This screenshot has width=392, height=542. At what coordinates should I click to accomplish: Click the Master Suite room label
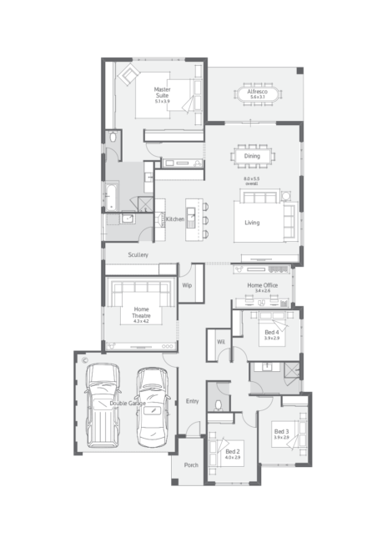[162, 93]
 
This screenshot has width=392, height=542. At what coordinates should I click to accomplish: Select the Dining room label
[252, 156]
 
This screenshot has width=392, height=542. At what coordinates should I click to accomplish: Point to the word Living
[252, 223]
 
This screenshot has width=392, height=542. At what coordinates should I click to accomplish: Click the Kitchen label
[175, 218]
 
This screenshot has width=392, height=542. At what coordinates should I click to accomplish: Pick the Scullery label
[138, 254]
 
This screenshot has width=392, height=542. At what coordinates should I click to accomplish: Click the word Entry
[192, 402]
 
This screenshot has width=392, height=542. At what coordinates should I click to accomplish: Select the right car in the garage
[153, 404]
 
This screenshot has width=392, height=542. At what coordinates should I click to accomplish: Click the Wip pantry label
[187, 285]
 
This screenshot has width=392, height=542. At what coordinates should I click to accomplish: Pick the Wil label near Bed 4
[221, 342]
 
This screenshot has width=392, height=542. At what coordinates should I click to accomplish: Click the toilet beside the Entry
[218, 405]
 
